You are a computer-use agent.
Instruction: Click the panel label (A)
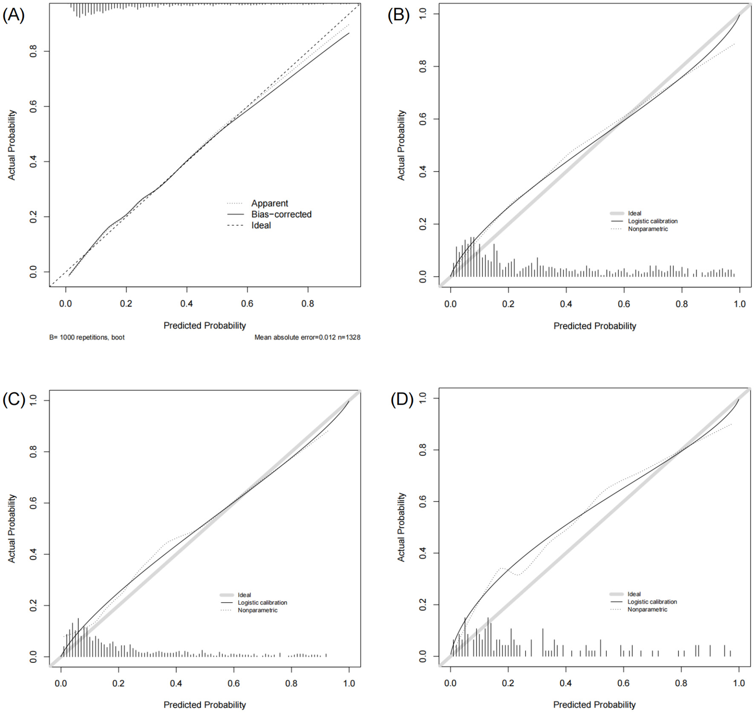(14, 15)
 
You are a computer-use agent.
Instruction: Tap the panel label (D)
(402, 400)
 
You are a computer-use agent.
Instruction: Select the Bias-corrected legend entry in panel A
(281, 214)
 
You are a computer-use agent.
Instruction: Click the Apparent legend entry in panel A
(269, 203)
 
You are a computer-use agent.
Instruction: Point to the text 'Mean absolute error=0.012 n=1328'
(307, 337)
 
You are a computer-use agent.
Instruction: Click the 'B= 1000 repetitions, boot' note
(87, 337)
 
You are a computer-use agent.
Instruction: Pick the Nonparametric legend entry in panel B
(648, 229)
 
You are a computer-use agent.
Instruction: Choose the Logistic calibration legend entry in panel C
(262, 602)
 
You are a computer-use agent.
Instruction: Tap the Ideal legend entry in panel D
(634, 594)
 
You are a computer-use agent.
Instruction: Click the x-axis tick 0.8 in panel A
(308, 304)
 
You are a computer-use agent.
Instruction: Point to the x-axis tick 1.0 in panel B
(740, 304)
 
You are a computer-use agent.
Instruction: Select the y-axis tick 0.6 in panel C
(33, 503)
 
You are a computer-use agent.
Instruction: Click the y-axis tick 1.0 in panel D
(423, 398)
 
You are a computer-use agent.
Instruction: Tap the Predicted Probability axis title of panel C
(205, 705)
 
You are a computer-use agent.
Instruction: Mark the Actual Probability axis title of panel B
(401, 145)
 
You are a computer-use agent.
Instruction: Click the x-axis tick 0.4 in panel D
(566, 683)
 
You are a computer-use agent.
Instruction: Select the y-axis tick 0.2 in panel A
(33, 217)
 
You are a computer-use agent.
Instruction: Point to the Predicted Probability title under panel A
(205, 325)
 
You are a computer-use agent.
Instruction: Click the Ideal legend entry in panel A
(261, 225)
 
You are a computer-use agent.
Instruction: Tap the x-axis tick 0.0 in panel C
(61, 683)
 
